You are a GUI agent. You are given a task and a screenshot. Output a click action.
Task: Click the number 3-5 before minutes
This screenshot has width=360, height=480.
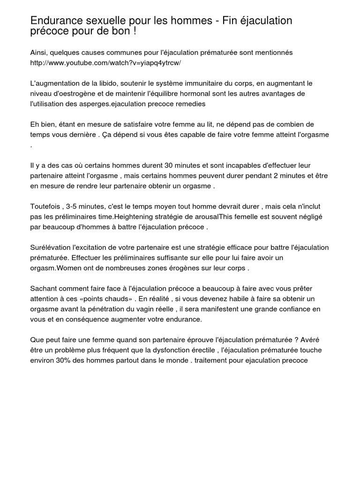coord(74,207)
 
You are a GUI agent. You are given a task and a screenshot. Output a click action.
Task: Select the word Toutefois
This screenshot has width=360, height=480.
coord(45,207)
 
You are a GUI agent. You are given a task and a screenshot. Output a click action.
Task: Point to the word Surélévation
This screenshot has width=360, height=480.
coord(52,247)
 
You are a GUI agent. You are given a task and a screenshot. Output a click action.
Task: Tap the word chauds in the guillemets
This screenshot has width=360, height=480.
coord(112,299)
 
